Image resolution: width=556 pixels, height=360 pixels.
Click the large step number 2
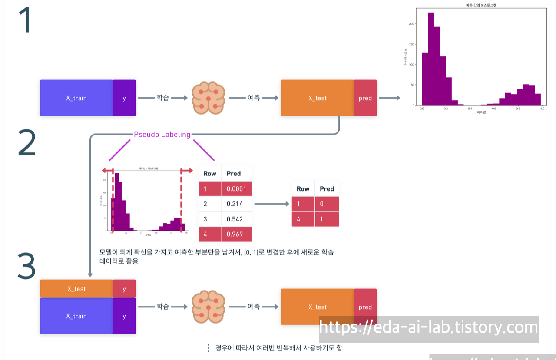[x=27, y=142]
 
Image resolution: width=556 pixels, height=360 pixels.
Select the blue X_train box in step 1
[x=76, y=98]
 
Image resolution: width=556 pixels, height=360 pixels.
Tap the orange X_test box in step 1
[x=318, y=98]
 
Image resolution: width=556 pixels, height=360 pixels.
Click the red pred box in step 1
[x=365, y=98]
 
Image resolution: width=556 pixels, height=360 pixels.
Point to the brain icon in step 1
[x=208, y=98]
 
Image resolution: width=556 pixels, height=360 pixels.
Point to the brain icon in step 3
[x=208, y=307]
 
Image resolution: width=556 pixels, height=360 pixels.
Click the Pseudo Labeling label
[x=162, y=135]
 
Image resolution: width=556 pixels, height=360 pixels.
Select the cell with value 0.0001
[x=237, y=188]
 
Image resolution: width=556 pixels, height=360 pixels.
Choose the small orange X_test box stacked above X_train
[x=76, y=289]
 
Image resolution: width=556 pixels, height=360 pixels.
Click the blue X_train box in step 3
[x=76, y=316]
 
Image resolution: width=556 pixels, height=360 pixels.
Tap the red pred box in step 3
[x=365, y=307]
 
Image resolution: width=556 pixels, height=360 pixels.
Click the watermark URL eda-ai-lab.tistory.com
[x=429, y=327]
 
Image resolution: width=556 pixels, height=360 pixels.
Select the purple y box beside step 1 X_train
[x=124, y=98]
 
